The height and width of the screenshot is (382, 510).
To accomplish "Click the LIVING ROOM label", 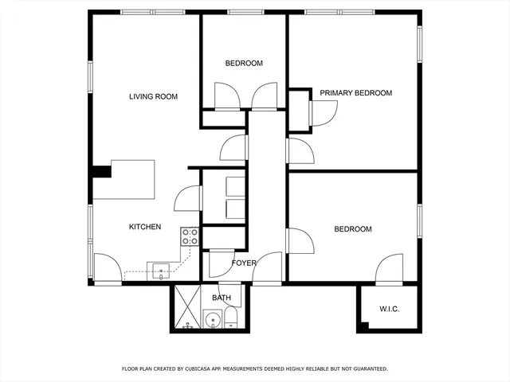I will click(x=153, y=97).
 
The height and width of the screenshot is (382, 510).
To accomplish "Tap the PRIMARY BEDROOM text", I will click(x=355, y=93).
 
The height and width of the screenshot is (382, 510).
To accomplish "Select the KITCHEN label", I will click(x=145, y=227).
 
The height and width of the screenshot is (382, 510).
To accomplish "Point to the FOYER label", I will click(x=244, y=263).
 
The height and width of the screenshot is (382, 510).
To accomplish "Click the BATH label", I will click(x=222, y=298).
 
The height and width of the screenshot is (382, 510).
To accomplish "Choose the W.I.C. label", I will click(x=389, y=309).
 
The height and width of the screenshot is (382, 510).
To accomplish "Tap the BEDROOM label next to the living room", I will click(x=243, y=64).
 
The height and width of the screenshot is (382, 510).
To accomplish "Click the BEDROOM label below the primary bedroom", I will click(x=352, y=229).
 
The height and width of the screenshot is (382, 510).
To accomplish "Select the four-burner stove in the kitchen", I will click(x=190, y=236).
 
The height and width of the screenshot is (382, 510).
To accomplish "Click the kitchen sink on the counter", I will click(x=159, y=269).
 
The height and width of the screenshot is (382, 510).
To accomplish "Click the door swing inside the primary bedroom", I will click(x=322, y=114).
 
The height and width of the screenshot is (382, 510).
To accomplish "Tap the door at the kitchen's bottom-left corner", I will click(x=107, y=267).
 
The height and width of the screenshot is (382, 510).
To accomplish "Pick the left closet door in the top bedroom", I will click(x=226, y=96).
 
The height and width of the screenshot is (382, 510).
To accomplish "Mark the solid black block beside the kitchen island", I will click(x=101, y=171).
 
